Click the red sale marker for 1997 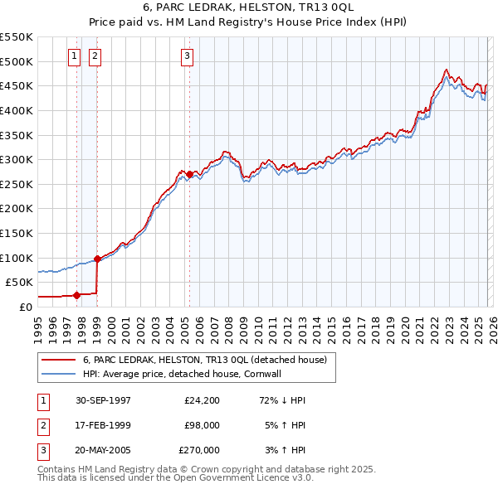(77, 294)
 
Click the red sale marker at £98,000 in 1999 (98, 259)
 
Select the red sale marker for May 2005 (190, 174)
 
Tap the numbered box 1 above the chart (74, 56)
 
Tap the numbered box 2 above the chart (95, 56)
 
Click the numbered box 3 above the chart (187, 56)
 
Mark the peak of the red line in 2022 (447, 70)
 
